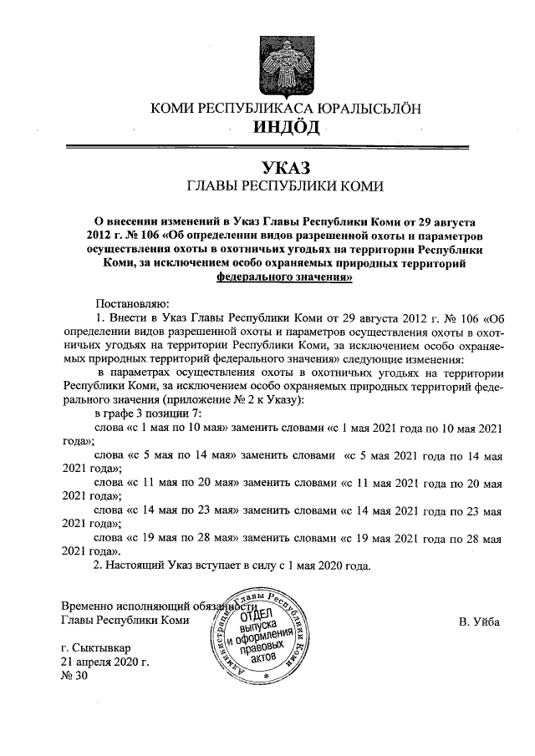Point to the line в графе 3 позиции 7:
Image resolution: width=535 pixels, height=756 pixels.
tap(149, 413)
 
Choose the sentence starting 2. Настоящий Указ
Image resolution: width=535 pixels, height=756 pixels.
tap(231, 565)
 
